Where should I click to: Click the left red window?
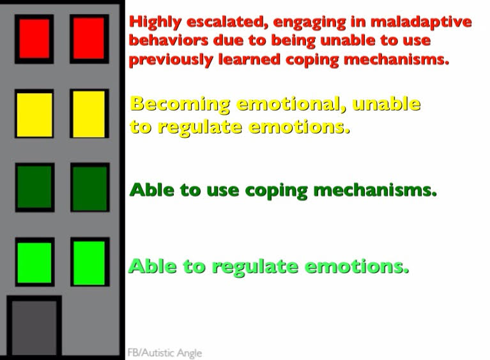(34, 38)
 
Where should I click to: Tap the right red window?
(89, 38)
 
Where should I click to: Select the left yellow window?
(34, 114)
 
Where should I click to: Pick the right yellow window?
(89, 114)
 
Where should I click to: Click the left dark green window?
(34, 187)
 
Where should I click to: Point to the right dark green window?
(89, 188)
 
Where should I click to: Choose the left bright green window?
(34, 262)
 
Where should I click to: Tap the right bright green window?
(89, 262)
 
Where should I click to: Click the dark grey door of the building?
(34, 327)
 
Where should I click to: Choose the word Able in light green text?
(151, 266)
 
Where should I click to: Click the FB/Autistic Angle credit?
(164, 352)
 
